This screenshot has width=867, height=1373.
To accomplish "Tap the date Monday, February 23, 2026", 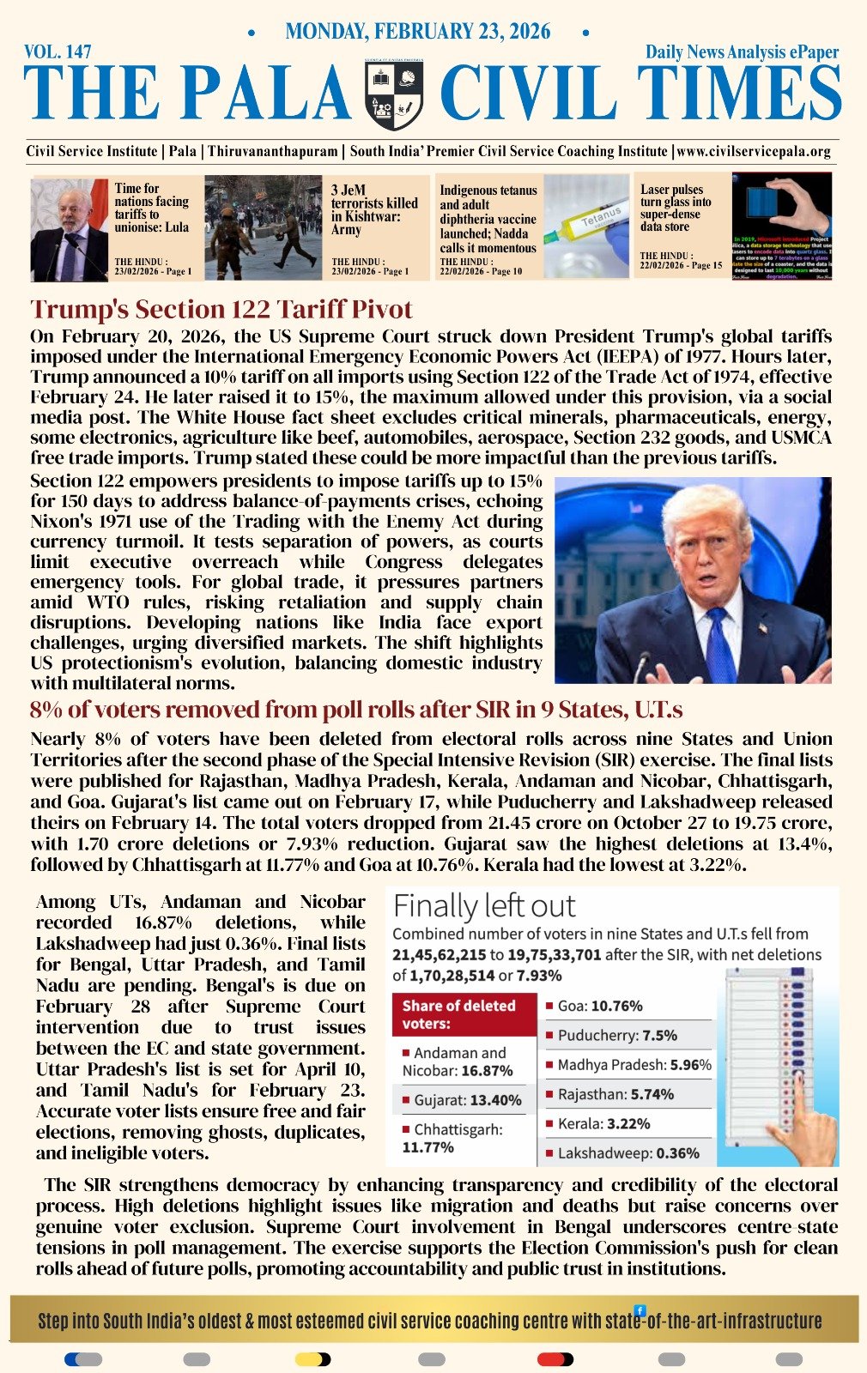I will (417, 32).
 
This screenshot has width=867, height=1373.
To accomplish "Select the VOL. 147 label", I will (58, 52).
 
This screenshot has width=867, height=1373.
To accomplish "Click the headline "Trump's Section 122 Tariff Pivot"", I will (221, 309).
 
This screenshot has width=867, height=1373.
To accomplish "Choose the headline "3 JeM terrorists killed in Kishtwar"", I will (374, 209).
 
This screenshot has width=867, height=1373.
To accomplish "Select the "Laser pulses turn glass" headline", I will (676, 208).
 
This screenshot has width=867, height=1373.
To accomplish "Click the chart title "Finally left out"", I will (484, 906).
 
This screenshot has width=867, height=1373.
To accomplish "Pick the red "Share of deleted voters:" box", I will (462, 1014).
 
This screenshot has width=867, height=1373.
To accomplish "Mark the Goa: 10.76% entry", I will (599, 1006).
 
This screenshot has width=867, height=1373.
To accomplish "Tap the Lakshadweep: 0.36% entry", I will (628, 1153).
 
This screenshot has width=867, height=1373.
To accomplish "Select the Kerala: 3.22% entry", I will (603, 1123).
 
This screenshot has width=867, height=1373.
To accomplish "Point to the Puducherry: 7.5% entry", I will (616, 1035).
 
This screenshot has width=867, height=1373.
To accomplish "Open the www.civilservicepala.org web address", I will (754, 151).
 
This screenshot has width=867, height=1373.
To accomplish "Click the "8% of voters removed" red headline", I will (356, 710).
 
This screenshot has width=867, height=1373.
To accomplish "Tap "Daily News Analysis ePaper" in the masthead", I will (742, 52).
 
